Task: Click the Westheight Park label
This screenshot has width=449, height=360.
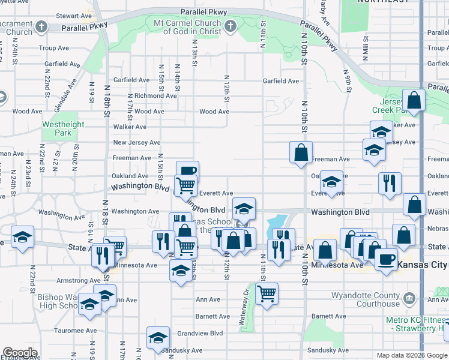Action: pos(62,128)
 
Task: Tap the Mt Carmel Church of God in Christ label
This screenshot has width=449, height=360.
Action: pos(187,26)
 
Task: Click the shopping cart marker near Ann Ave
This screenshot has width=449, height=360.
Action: pos(267,294)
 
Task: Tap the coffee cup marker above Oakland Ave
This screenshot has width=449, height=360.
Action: pos(187,172)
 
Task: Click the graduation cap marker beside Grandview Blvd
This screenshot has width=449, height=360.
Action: pos(158,337)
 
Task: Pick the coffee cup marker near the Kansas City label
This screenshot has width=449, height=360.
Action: pos(386,259)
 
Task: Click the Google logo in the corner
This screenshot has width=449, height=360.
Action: pos(20,353)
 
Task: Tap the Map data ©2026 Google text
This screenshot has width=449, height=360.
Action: pos(412,355)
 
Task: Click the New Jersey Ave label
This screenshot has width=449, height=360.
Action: pos(137,142)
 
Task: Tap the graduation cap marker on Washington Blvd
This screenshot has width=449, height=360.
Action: pos(244,209)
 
